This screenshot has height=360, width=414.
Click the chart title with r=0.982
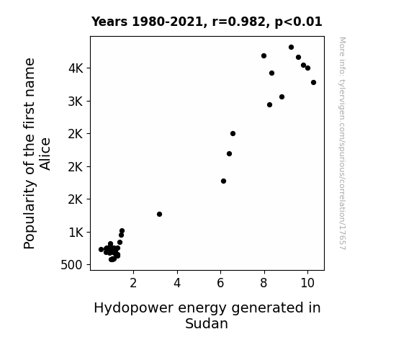[x=207, y=22]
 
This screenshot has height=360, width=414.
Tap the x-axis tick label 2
[x=133, y=283]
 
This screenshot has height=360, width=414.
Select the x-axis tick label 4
[x=177, y=283]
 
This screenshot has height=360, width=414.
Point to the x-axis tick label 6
[x=220, y=283]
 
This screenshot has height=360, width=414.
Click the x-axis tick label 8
[x=264, y=283]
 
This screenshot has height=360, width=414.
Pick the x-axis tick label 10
[x=307, y=283]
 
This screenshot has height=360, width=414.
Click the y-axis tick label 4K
[x=76, y=68]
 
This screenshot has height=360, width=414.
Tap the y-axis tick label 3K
[x=76, y=102]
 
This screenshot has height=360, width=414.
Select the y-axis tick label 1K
[x=76, y=233]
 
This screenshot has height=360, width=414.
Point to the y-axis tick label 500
[x=72, y=265]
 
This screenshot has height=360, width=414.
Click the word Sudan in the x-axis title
[x=207, y=323]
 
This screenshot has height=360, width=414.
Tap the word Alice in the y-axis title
[x=45, y=154]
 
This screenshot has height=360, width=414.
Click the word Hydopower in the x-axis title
[x=134, y=308]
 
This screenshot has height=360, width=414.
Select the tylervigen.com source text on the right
[x=342, y=143]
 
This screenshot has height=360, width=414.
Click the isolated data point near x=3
[x=159, y=215]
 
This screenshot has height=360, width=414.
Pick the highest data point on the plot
[x=291, y=48]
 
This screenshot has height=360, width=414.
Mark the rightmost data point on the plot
[x=313, y=83]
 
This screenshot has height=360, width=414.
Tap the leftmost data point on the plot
[x=101, y=249]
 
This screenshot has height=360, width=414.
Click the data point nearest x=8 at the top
[x=264, y=56]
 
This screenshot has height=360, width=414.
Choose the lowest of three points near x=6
[x=223, y=181]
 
